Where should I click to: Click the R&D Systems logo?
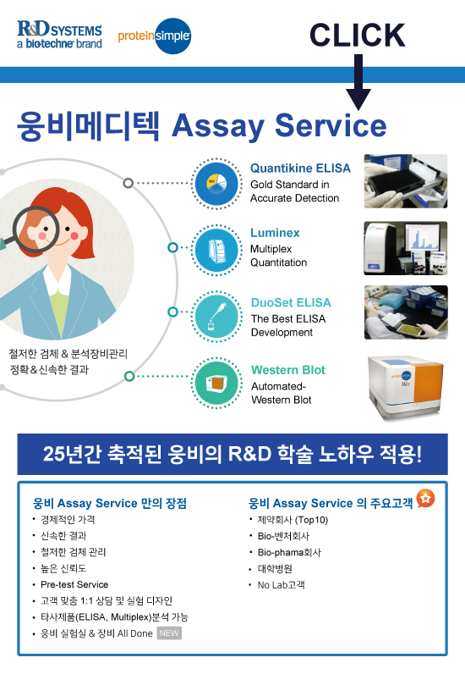60,35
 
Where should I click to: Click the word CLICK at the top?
358,36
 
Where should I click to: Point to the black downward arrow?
358,81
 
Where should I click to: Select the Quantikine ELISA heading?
300,168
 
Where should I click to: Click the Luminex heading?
275,233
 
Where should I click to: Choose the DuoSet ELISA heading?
291,302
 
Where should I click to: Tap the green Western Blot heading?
288,370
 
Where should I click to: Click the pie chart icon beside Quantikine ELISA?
216,184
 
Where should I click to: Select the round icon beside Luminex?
216,250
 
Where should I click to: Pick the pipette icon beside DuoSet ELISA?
216,317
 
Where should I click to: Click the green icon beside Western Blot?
216,383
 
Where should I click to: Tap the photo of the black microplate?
406,181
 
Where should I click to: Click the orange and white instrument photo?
406,388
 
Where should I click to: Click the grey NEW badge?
169,633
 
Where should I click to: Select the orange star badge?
425,498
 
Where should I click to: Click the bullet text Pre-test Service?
74,584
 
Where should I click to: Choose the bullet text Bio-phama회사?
289,552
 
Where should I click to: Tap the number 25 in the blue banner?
53,454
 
